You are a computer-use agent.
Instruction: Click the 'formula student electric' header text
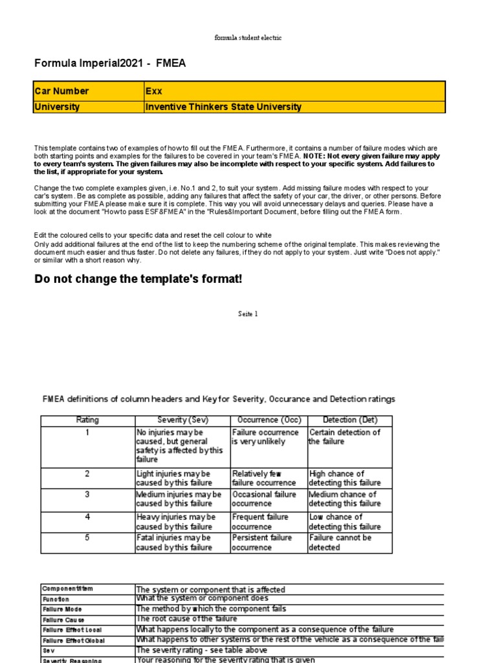click(x=248, y=38)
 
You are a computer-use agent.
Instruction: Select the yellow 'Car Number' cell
click(x=88, y=91)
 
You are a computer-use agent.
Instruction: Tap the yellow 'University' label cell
click(x=88, y=107)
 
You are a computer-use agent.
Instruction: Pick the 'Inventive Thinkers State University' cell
click(x=294, y=107)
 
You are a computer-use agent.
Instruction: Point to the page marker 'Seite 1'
click(x=248, y=314)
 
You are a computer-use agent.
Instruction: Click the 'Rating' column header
click(x=87, y=420)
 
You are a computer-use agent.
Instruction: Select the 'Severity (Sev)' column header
click(x=182, y=420)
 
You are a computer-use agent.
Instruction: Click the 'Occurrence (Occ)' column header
click(x=268, y=420)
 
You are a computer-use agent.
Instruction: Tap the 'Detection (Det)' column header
click(x=349, y=420)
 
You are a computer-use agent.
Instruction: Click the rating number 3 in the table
click(x=87, y=494)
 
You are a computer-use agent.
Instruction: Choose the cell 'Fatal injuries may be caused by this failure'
click(x=182, y=543)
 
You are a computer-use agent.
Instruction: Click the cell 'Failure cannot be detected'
click(x=349, y=543)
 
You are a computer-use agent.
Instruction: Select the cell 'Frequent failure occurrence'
click(x=268, y=522)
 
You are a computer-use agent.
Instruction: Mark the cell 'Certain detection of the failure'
click(x=349, y=437)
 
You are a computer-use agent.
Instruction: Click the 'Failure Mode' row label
click(x=62, y=609)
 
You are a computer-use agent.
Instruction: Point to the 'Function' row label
click(x=56, y=600)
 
